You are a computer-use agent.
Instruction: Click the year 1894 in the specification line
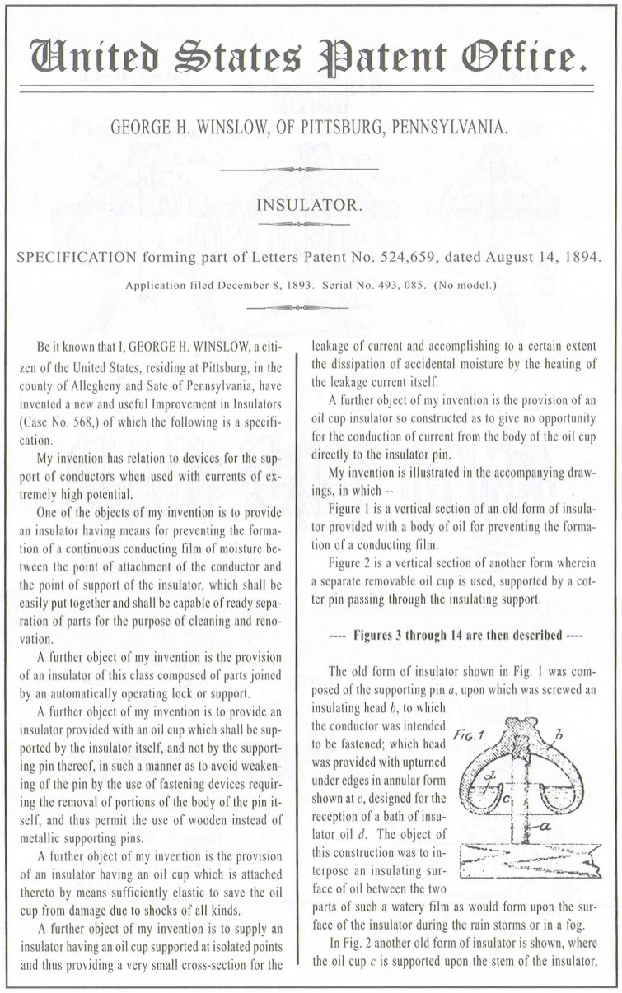point(582,256)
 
